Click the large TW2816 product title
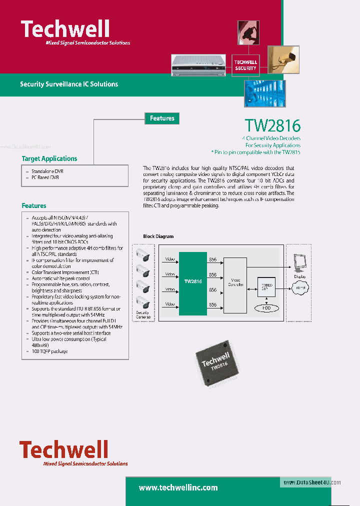pyautogui.click(x=272, y=125)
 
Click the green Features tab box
pyautogui.click(x=162, y=118)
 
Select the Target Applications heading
pyautogui.click(x=49, y=158)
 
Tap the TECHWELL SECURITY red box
pyautogui.click(x=245, y=65)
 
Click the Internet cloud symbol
pyautogui.click(x=300, y=288)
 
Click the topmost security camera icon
pyautogui.click(x=143, y=254)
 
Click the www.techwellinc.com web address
pyautogui.click(x=178, y=487)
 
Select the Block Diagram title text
pyautogui.click(x=158, y=236)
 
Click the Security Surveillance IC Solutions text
pyautogui.click(x=69, y=84)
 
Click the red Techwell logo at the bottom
pyautogui.click(x=64, y=450)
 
